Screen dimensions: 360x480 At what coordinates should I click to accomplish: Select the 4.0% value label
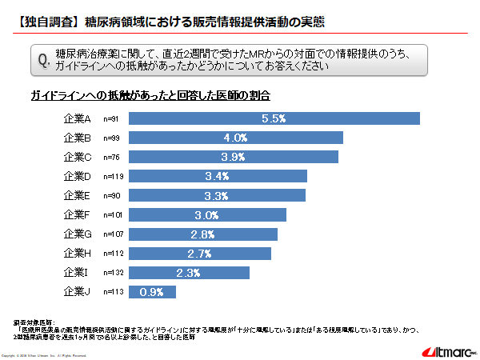coord(235,138)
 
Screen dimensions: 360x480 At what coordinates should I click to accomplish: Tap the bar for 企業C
coord(233,157)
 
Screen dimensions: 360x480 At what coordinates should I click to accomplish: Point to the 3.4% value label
coord(218,176)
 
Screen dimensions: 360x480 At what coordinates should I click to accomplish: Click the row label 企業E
coord(78,195)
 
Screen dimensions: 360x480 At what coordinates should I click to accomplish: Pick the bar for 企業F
coord(207,214)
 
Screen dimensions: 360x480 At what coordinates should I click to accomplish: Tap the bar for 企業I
coord(189,273)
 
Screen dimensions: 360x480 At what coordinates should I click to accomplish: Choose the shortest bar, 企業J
coord(152,292)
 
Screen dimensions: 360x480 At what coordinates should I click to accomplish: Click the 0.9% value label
coord(152,292)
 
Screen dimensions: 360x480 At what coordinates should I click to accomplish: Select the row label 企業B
coord(78,138)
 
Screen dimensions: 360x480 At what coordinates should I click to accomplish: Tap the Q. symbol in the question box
coord(45,60)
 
